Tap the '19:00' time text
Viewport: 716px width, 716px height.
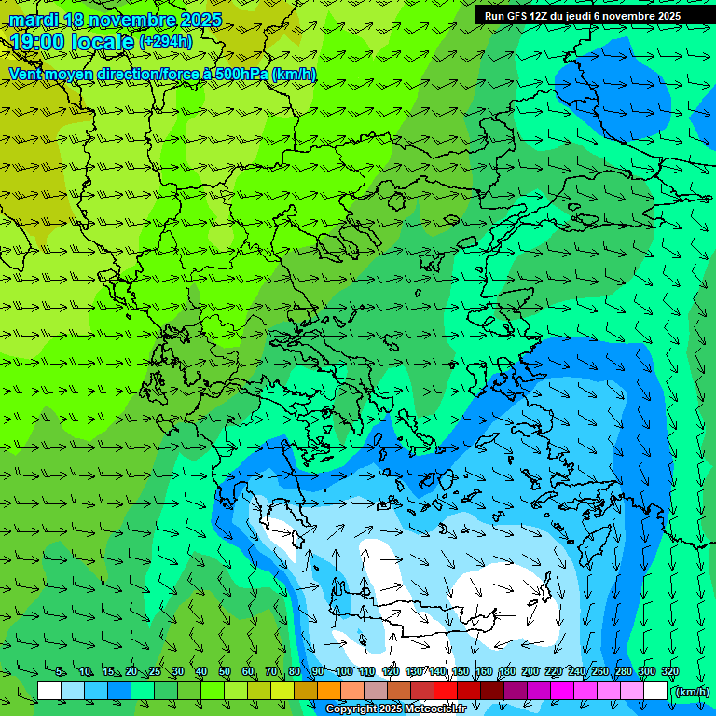click(37, 42)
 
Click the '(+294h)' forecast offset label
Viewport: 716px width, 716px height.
click(166, 42)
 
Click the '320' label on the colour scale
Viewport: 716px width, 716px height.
click(669, 672)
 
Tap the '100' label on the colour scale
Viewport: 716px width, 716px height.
click(344, 672)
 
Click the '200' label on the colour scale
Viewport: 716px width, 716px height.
click(530, 672)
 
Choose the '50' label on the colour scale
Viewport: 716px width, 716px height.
click(225, 672)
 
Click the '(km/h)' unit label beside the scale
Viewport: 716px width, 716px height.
click(692, 692)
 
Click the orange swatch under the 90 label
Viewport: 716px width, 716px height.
click(329, 691)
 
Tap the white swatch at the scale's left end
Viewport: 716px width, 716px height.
click(49, 691)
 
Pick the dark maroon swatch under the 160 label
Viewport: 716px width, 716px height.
click(492, 691)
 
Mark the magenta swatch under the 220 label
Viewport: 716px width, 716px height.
click(562, 691)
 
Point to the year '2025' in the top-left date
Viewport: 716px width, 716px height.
click(200, 20)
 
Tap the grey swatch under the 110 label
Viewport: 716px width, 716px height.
click(376, 691)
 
